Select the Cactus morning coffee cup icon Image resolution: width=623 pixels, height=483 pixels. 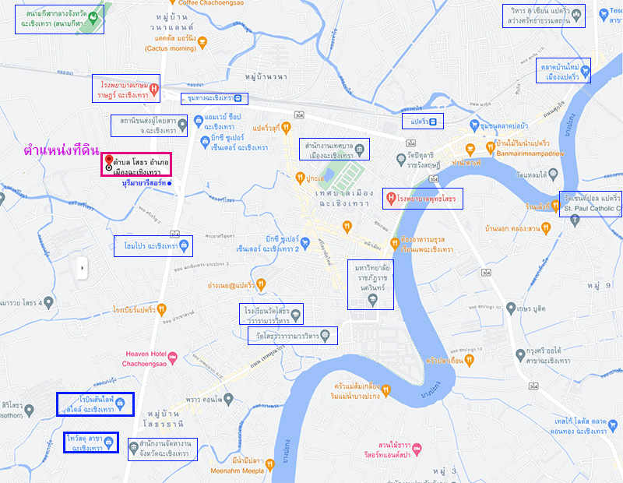coord(202,42)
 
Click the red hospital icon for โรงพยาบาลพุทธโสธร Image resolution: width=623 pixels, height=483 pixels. coord(390,199)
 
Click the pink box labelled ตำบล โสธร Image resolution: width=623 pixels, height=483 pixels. coord(136,164)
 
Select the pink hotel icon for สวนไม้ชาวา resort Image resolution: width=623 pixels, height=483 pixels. coord(417,450)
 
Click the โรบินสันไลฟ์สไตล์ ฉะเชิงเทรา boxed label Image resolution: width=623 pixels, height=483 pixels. coord(95,404)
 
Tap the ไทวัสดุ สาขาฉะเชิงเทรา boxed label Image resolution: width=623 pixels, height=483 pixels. coord(90,443)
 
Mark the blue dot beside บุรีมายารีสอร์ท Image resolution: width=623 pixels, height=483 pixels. coord(169,183)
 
